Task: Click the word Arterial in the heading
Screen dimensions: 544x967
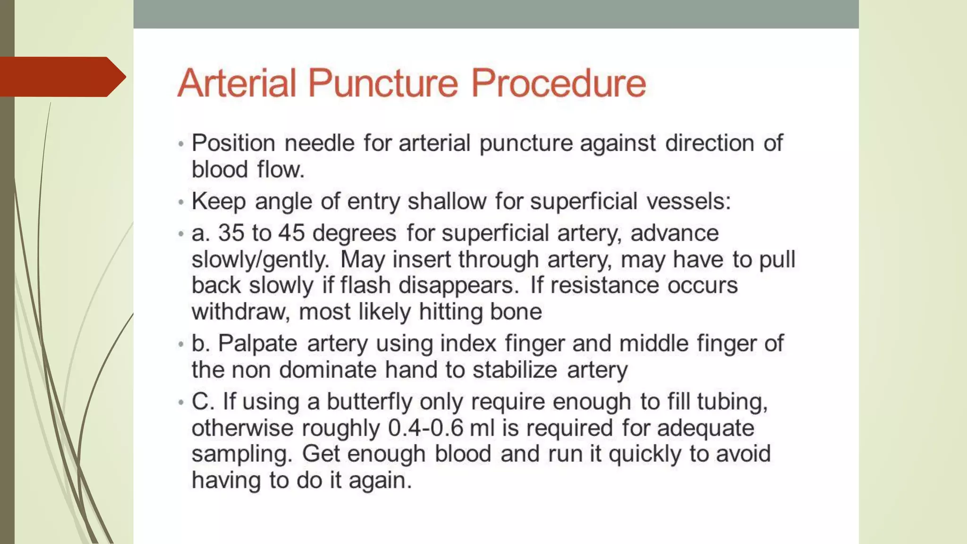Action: click(x=237, y=83)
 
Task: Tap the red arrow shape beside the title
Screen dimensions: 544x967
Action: click(x=61, y=77)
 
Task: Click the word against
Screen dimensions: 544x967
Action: click(x=618, y=143)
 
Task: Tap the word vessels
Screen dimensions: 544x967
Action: click(x=688, y=202)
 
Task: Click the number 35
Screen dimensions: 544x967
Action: click(x=231, y=233)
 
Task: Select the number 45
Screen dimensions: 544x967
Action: click(x=291, y=233)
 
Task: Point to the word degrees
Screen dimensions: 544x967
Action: click(x=354, y=233)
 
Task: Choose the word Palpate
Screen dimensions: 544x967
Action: click(x=257, y=343)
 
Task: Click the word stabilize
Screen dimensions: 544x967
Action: click(x=515, y=370)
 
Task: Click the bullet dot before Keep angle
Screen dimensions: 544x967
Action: click(x=181, y=203)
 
